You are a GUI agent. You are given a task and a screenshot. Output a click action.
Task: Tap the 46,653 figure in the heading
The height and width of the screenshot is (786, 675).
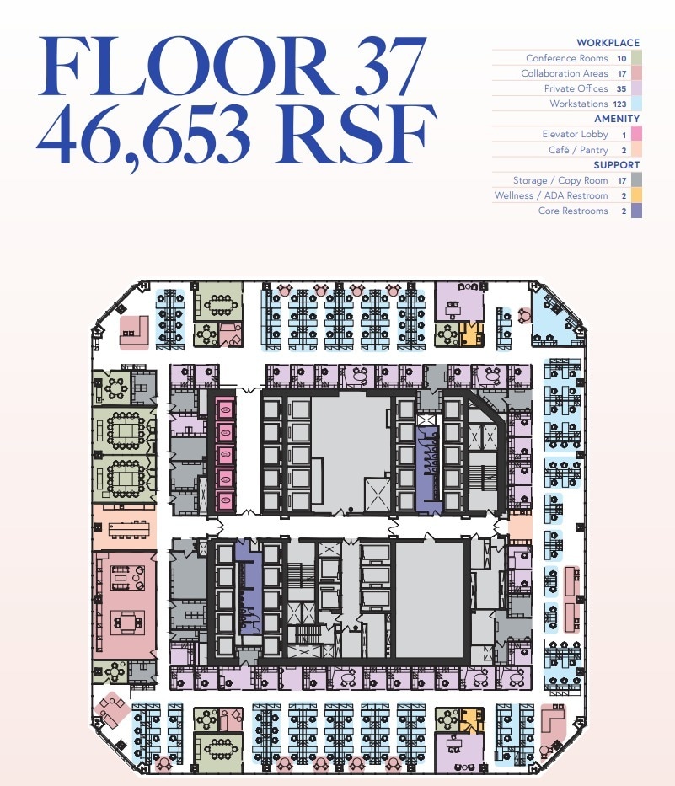(143, 134)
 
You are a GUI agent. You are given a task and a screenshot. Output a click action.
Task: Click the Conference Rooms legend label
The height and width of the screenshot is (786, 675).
(566, 58)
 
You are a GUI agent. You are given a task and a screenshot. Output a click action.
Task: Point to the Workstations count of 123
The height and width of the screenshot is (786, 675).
(620, 104)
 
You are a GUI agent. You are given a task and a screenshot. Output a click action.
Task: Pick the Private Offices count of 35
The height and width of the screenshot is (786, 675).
(621, 88)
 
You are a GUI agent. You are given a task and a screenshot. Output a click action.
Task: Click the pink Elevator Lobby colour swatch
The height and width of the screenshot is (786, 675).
(636, 134)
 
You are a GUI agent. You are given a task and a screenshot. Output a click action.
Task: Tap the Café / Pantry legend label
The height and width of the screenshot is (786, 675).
(578, 150)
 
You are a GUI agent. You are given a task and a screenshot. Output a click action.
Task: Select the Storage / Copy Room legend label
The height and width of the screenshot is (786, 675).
(560, 180)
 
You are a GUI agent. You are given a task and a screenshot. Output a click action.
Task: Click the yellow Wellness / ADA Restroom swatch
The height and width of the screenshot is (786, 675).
(636, 195)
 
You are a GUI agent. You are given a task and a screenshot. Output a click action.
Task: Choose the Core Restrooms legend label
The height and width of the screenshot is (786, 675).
(573, 211)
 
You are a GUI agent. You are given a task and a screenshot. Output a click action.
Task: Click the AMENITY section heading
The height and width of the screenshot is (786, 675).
(617, 119)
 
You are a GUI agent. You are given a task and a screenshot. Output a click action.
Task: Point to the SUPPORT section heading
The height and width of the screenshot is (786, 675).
(617, 165)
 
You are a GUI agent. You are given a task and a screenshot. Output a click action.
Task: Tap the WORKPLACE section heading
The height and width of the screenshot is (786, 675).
(608, 43)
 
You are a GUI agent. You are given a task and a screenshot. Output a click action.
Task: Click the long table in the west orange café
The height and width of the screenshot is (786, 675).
(129, 528)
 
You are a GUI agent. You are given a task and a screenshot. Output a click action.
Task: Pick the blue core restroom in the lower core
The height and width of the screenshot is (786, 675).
(249, 587)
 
